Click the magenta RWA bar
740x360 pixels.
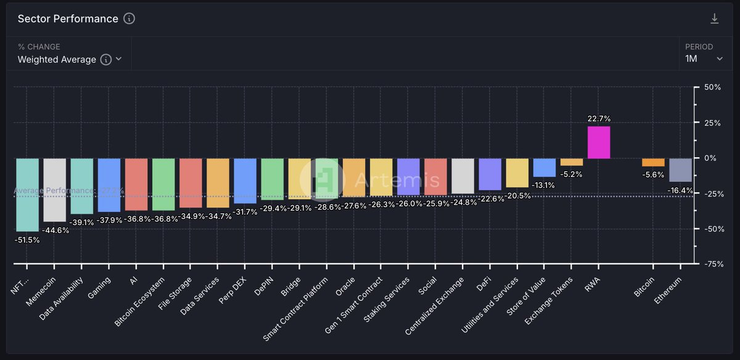tap(599, 142)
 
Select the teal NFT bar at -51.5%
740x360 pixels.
tap(27, 195)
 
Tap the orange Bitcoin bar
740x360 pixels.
tap(653, 163)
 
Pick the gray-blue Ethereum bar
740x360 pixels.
tap(680, 170)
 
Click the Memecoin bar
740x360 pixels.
tap(54, 190)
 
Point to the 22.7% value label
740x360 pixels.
tap(599, 118)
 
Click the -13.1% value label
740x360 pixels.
tap(544, 185)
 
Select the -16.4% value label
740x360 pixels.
tap(680, 190)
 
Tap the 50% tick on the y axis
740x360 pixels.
tap(712, 88)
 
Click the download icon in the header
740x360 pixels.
tap(715, 18)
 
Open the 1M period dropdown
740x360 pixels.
tap(704, 59)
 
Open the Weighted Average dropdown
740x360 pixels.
tap(69, 59)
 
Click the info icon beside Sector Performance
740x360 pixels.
tap(129, 18)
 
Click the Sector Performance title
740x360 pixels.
tap(68, 18)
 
